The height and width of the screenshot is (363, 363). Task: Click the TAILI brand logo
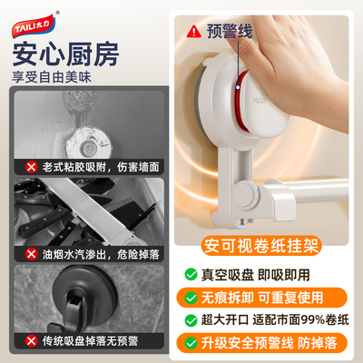click(34, 26)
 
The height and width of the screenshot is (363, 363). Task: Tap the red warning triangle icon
click(193, 31)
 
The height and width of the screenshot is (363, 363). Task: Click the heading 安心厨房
click(65, 54)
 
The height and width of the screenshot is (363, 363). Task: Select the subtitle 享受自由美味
click(52, 77)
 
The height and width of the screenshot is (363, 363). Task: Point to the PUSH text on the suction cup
click(260, 101)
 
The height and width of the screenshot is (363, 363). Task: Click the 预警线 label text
click(230, 31)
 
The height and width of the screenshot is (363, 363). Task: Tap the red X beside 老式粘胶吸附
click(32, 167)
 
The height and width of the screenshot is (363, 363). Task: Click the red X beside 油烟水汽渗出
click(32, 254)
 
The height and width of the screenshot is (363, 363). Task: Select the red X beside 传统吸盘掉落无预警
click(32, 341)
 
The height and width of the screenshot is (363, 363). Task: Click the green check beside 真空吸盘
click(191, 274)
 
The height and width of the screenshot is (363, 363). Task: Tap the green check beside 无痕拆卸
click(191, 298)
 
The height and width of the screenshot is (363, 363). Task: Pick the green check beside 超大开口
click(191, 320)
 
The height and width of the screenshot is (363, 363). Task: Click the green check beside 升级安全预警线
click(191, 343)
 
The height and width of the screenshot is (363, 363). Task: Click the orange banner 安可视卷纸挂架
click(260, 245)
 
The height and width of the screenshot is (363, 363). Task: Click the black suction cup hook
click(83, 299)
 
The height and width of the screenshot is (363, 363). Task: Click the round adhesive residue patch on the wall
click(88, 143)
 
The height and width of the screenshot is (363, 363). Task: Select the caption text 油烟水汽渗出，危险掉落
click(101, 254)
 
